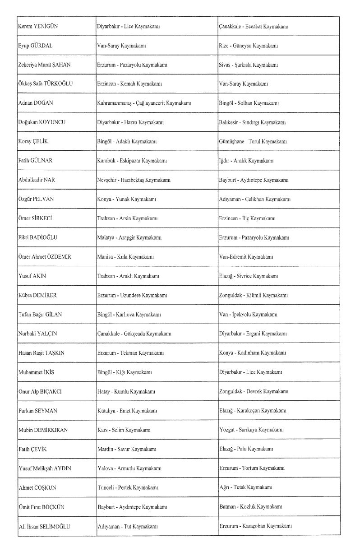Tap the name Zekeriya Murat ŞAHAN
click(x=44, y=65)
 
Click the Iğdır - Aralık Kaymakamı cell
click(x=245, y=161)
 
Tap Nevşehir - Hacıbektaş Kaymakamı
click(x=134, y=180)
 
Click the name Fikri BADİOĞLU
click(x=37, y=237)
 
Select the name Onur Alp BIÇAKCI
click(x=40, y=391)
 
